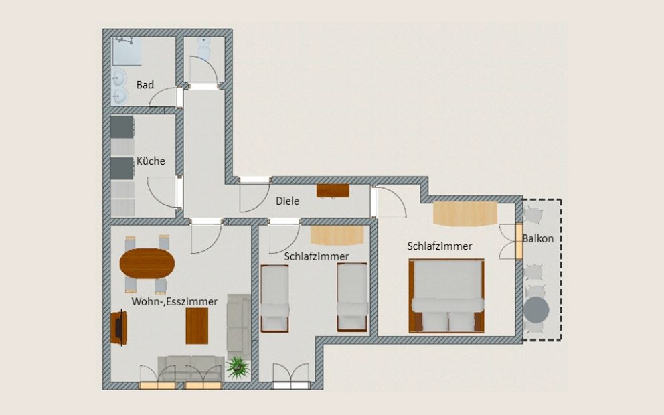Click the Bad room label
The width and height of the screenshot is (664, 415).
point(145,85)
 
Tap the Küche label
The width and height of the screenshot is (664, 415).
point(151,161)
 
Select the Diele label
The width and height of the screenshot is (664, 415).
point(287,201)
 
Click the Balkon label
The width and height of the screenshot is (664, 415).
point(538,238)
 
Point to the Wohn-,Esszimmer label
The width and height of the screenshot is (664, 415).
point(174,302)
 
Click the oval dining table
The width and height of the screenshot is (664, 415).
point(147,263)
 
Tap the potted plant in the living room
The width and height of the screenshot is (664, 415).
point(237,367)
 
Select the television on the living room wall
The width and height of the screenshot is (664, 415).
point(118,328)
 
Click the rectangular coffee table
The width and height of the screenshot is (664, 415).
point(197,326)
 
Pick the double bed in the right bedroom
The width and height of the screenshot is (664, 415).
point(446,295)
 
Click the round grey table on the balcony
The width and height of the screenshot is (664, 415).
point(536,310)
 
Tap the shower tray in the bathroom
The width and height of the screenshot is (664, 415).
point(127,52)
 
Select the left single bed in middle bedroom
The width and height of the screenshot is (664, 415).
point(274,298)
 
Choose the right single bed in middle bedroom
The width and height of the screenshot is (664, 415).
point(352,298)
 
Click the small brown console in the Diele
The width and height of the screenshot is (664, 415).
point(333,190)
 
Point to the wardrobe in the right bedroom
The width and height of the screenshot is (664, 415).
point(465,214)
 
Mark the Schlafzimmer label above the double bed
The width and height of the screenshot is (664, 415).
point(440,246)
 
